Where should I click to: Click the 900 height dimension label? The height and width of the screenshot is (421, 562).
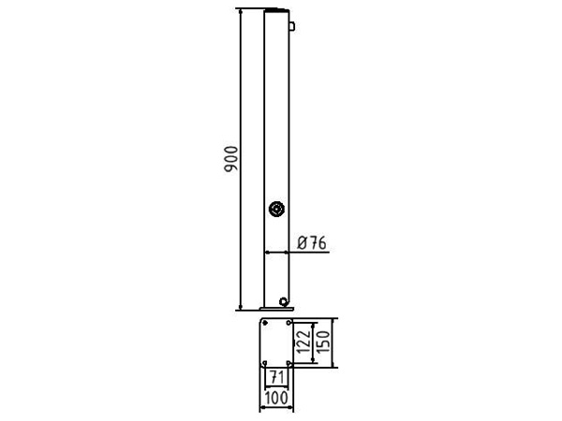coord(230,159)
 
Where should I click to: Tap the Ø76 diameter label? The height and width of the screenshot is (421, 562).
coord(312,243)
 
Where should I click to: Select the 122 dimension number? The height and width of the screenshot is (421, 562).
coord(303,341)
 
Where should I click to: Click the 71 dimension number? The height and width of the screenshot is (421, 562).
coord(276,377)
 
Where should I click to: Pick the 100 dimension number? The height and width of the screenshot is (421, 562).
coord(276,398)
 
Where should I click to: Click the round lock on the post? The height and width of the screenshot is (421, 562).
coord(276,209)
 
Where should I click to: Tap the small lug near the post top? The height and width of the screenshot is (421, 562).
coord(291,26)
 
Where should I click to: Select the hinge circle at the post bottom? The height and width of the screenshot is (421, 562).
coord(284,301)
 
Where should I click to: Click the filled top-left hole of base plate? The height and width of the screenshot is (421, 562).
coord(265,323)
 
